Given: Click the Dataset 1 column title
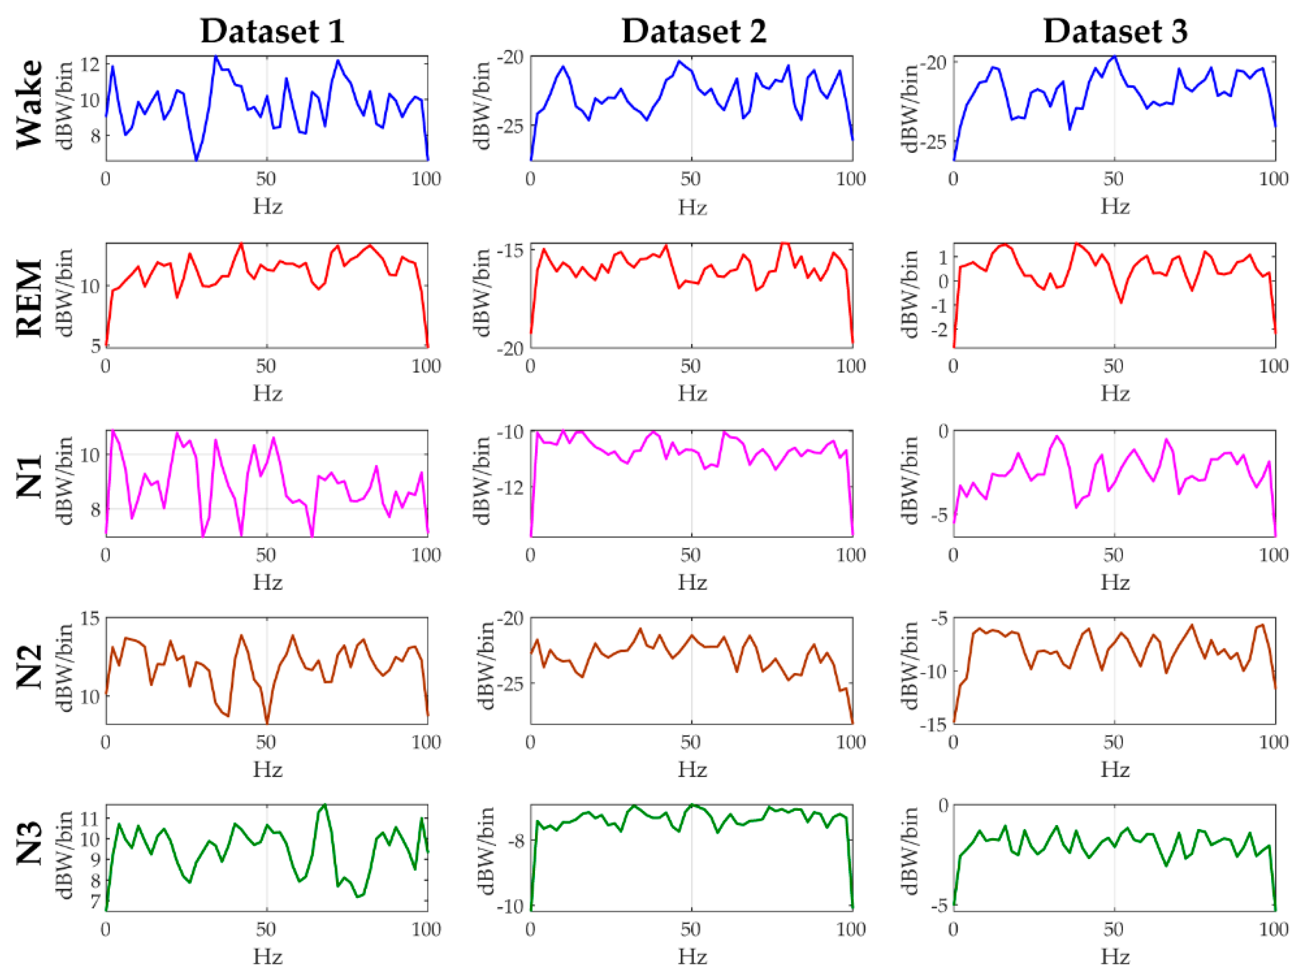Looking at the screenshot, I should (x=272, y=31).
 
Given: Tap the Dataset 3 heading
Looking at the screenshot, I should (x=1115, y=31).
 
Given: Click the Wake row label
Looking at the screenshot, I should (x=29, y=104).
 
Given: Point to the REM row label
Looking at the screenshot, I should (x=29, y=298).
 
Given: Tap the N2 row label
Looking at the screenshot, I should (x=29, y=667).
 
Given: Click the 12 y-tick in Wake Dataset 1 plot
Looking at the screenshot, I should (x=90, y=64).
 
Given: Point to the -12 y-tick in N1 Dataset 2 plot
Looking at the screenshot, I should (x=511, y=487).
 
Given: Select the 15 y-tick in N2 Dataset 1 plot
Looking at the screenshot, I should (x=90, y=618).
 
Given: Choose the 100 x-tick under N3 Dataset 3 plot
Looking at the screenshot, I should (x=1274, y=929).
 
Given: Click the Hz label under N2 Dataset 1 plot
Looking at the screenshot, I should (x=267, y=769).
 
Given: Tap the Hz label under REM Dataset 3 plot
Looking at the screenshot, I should (x=1115, y=394).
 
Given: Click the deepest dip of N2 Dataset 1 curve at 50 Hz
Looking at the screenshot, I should (x=267, y=722).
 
